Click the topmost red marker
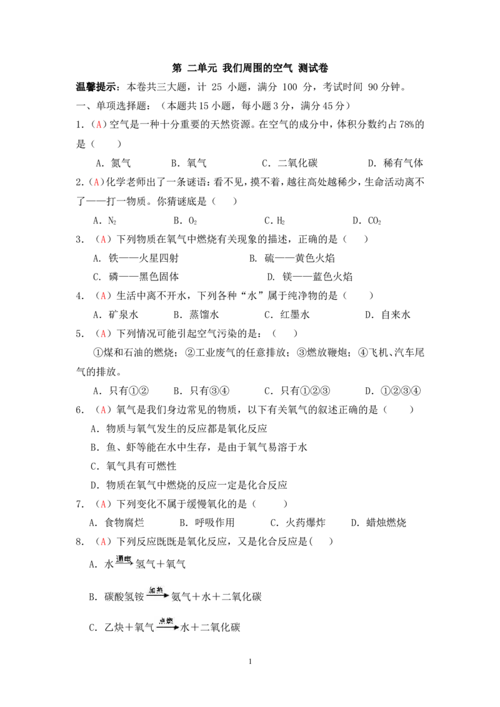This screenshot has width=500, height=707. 99,125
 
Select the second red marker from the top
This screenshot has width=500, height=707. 96,182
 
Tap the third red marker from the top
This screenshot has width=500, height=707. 103,240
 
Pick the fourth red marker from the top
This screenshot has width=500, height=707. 103,295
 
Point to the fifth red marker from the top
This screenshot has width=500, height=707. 103,335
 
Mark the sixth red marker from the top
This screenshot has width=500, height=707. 103,410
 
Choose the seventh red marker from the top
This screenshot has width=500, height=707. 103,505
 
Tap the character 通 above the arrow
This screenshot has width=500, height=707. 120,558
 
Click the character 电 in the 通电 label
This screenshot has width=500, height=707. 128,558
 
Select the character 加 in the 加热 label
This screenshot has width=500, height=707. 152,590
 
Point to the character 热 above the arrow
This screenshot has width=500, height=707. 161,590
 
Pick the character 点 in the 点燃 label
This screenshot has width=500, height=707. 161,620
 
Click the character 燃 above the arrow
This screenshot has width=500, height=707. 169,620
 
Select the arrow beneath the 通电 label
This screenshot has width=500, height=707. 124,564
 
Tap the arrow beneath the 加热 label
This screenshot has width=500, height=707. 157,596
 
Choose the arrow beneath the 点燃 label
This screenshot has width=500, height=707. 167,627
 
